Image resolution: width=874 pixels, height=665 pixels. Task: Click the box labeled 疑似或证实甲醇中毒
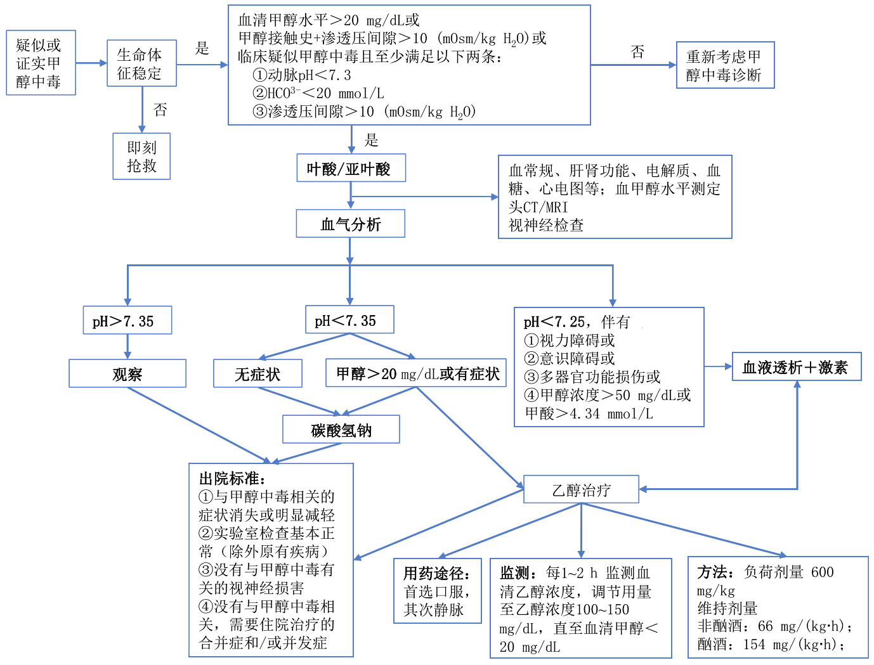41,63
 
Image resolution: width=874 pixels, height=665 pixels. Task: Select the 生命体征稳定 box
141,63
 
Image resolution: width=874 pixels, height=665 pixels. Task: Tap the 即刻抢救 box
141,156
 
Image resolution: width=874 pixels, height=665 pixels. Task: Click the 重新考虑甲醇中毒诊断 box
725,65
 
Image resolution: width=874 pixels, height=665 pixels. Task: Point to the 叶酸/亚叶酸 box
351,169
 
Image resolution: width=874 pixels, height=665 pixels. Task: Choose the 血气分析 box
350,224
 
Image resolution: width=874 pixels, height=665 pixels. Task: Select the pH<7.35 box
349,320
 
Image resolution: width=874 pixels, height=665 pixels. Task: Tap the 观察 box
127,374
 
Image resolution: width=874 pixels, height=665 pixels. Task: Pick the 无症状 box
258,374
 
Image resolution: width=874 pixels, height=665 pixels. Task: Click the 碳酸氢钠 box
341,430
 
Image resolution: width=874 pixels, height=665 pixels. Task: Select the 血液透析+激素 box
796,367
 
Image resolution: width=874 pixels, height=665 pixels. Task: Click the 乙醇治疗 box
581,489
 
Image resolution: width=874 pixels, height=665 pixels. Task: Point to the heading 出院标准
232,479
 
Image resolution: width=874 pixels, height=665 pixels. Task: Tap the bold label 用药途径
437,574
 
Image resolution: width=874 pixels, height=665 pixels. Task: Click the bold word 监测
515,573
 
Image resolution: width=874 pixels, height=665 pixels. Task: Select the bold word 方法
712,572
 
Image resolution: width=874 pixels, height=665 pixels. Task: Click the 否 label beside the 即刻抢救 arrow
160,110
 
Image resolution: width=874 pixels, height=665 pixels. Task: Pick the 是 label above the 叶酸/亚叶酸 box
371,140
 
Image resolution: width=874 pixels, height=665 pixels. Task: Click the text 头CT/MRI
538,207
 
